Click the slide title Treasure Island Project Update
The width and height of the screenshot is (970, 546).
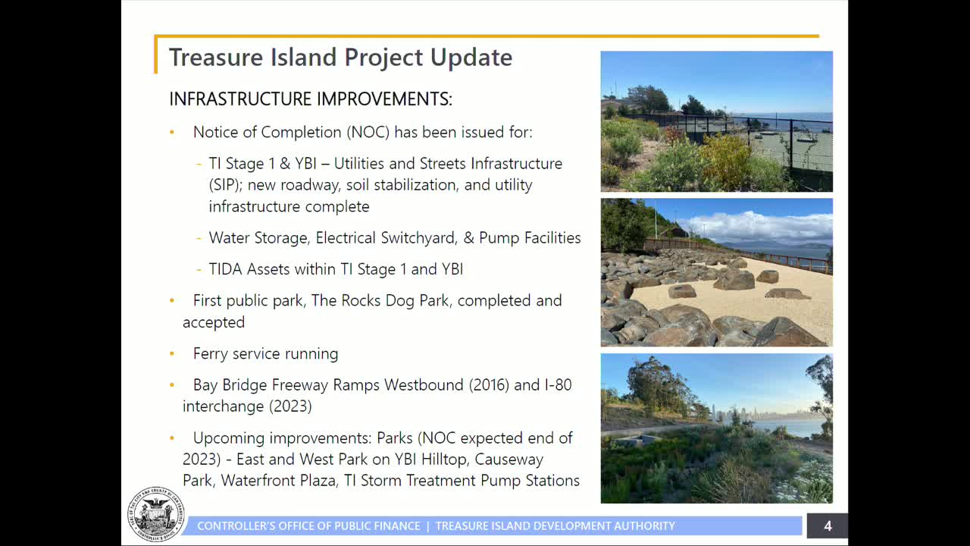[340, 58]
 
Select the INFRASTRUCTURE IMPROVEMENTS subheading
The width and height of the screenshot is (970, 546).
[310, 99]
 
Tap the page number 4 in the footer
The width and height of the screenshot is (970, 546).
[828, 526]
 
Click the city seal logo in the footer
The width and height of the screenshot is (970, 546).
[157, 514]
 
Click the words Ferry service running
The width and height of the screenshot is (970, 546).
[265, 354]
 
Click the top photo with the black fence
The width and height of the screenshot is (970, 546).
[716, 121]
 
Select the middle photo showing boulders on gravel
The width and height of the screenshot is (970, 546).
[716, 272]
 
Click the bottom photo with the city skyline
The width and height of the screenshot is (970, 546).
[716, 428]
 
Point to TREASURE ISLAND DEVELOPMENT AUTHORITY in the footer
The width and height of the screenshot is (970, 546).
[555, 526]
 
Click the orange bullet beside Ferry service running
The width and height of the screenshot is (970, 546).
[172, 354]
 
